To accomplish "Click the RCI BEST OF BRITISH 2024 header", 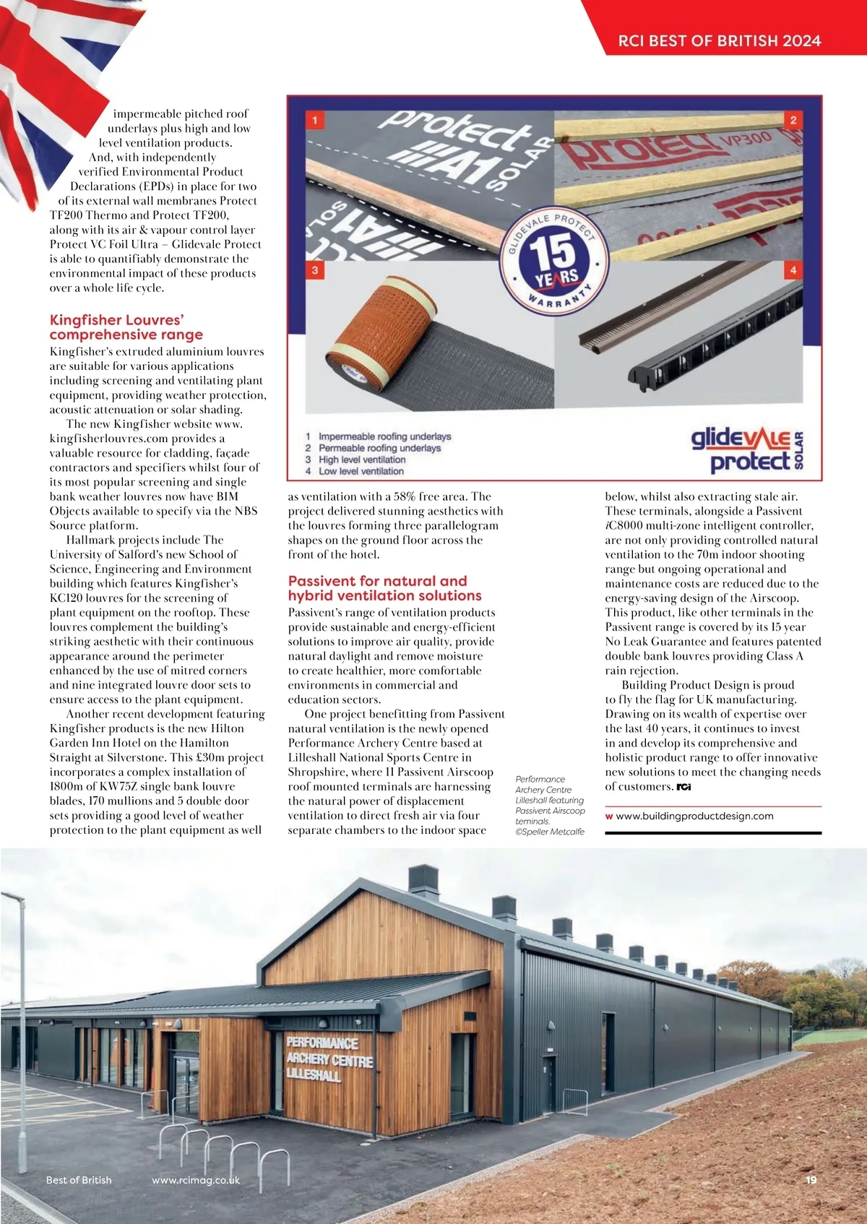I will coord(719,40).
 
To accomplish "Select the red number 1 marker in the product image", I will coord(315,119).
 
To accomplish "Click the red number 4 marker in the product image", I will coord(793,270).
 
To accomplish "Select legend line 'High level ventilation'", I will coord(361,460).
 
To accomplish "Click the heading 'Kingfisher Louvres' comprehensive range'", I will coord(126,327).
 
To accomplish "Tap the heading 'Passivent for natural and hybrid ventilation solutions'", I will coord(384,588).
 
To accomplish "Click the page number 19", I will coord(811,1180).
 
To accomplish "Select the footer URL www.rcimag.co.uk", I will coord(195,1180).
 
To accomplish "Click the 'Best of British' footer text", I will coord(79,1180).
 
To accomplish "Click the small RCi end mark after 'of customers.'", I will coord(683,787).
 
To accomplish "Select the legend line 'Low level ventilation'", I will coord(361,471).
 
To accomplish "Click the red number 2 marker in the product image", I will coord(793,120).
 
